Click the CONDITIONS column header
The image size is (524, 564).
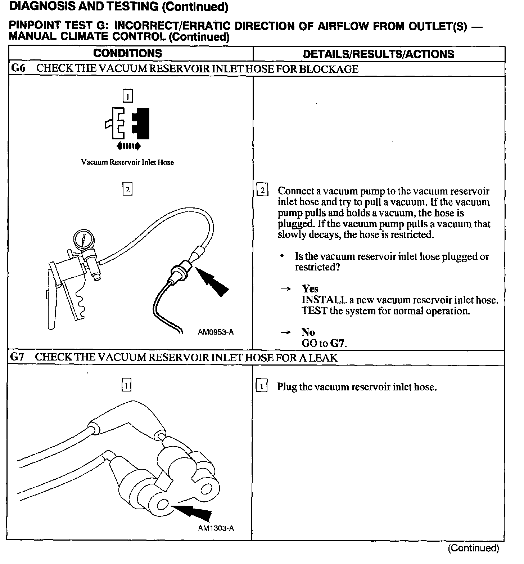click(128, 53)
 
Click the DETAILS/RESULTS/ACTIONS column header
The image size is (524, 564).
click(378, 54)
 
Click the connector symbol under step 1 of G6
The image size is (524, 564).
click(128, 123)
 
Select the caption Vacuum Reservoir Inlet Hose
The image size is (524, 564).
click(127, 162)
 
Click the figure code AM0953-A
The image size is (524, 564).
click(216, 332)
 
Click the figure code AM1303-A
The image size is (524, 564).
click(216, 528)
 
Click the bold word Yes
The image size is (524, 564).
click(310, 289)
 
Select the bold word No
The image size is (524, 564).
click(308, 332)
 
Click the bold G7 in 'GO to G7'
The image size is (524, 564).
click(338, 343)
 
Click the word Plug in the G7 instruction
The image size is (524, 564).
click(287, 387)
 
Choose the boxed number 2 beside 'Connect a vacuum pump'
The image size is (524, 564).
click(262, 191)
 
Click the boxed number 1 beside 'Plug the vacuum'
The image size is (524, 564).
click(261, 387)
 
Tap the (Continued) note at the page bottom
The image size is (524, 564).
click(473, 548)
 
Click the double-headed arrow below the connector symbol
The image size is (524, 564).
click(128, 146)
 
